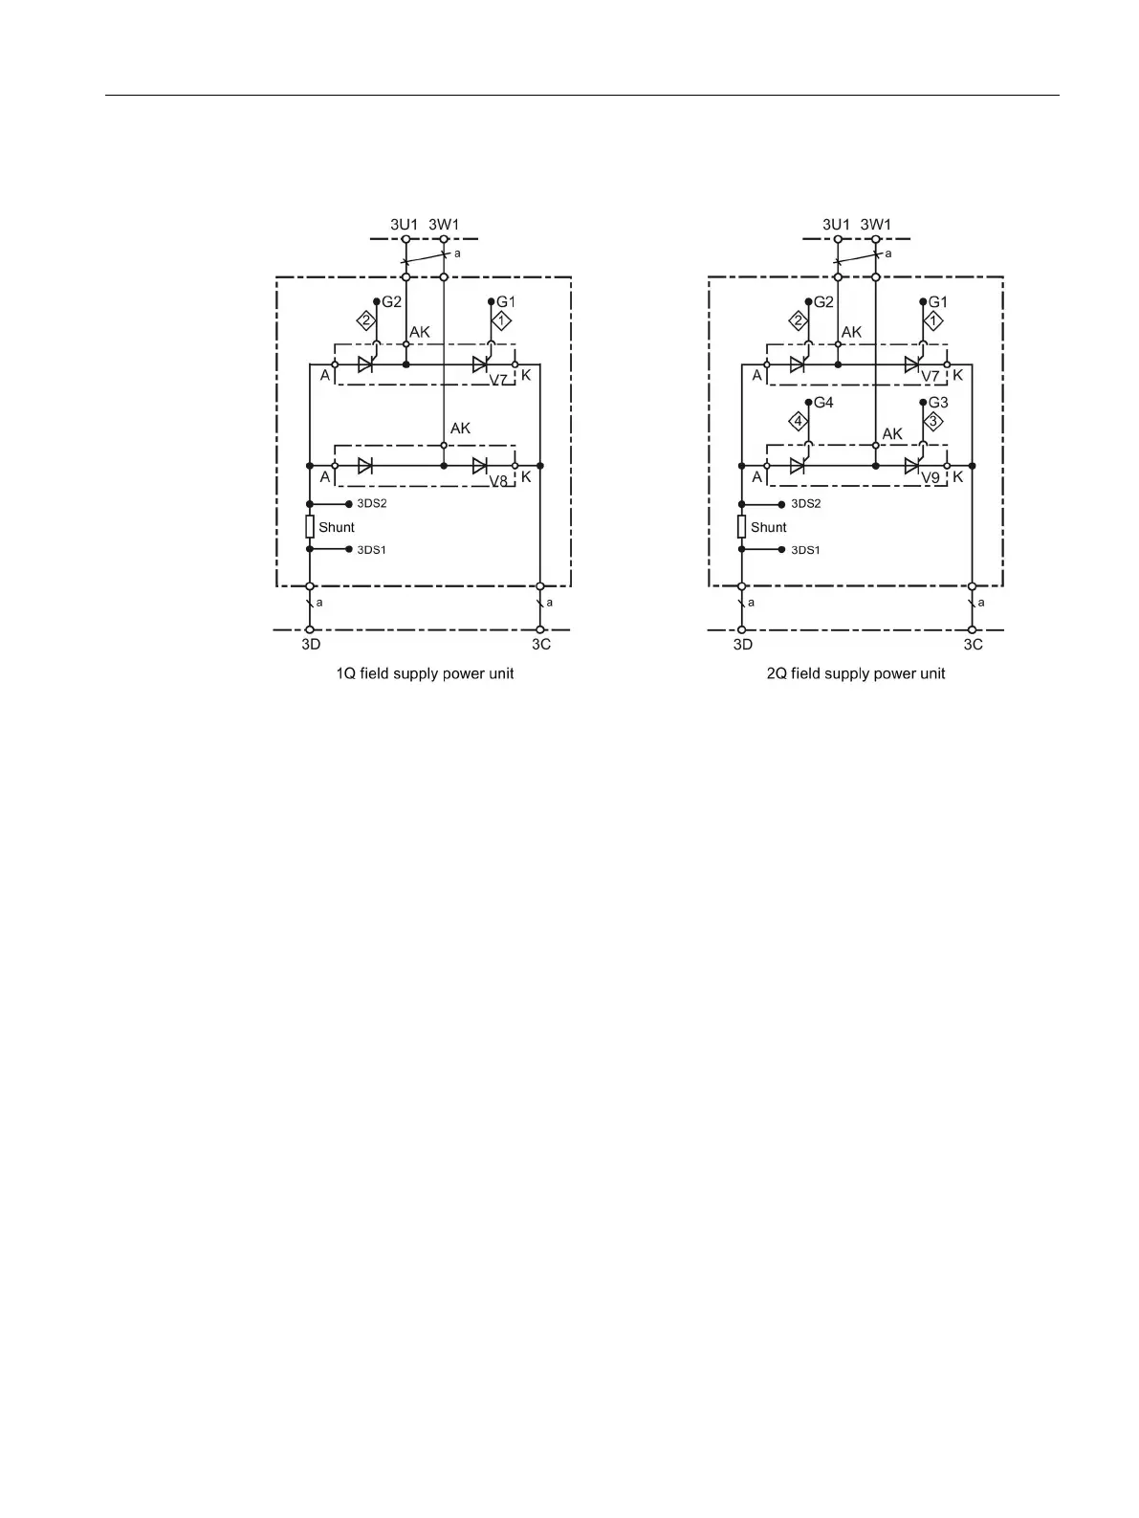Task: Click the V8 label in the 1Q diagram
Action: [x=498, y=481]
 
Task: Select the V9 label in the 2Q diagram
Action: [x=931, y=476]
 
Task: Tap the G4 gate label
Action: [x=823, y=403]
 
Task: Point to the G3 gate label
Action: [x=938, y=403]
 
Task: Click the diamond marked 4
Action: [x=798, y=421]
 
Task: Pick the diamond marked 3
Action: [x=933, y=421]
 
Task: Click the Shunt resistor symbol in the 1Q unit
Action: [x=310, y=526]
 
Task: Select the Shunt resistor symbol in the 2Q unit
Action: [x=742, y=526]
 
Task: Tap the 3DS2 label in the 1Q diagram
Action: [x=371, y=504]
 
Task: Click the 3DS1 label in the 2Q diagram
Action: [x=805, y=550]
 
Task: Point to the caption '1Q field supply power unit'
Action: [x=425, y=673]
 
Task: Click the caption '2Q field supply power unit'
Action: [x=856, y=673]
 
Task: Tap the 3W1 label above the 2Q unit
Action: [x=876, y=225]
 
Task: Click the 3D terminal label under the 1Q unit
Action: [x=311, y=645]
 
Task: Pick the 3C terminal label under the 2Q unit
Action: [x=973, y=645]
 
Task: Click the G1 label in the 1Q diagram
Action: [x=506, y=302]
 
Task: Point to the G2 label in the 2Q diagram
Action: [x=823, y=302]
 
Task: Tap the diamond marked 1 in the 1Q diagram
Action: [x=501, y=320]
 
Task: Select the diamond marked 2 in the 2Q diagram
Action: [x=798, y=320]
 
